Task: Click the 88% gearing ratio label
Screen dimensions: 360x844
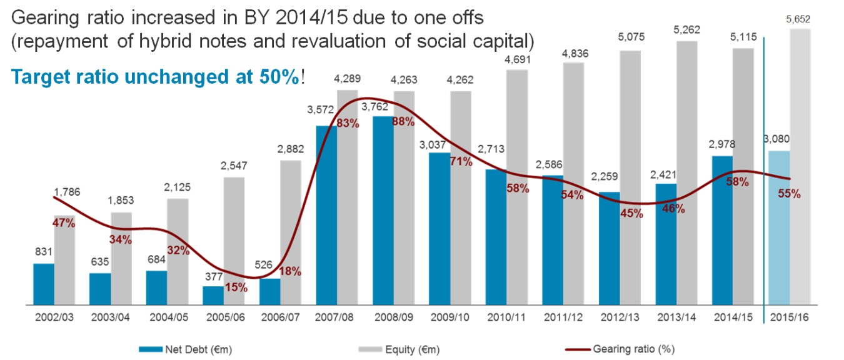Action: pyautogui.click(x=403, y=122)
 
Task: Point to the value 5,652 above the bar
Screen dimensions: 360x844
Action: pyautogui.click(x=800, y=21)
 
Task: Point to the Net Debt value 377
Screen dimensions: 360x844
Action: pyautogui.click(x=213, y=276)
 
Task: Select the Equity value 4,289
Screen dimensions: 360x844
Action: pyautogui.click(x=347, y=79)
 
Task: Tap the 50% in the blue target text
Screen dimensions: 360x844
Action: pyautogui.click(x=279, y=77)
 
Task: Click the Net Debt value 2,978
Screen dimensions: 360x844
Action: pyautogui.click(x=722, y=145)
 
